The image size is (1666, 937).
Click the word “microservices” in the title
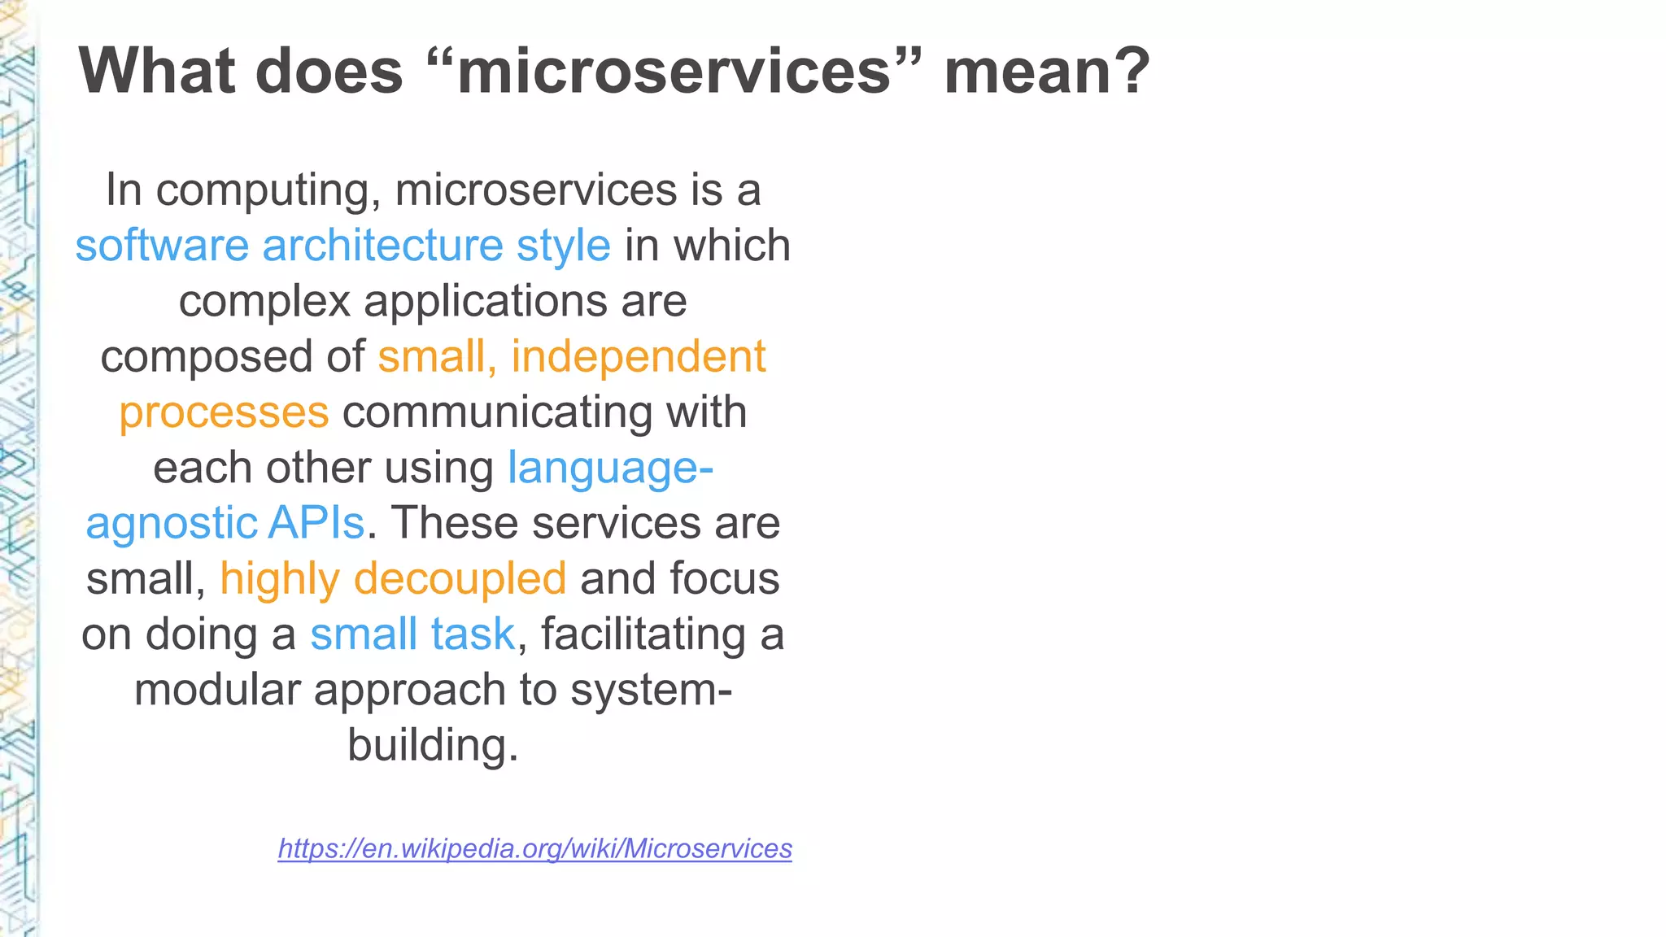point(674,72)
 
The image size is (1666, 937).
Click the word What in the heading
point(159,72)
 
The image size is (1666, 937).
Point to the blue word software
point(162,246)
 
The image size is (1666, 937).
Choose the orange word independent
point(639,356)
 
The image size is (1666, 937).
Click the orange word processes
point(224,412)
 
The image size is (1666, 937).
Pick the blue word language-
point(610,468)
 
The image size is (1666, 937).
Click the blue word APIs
point(316,523)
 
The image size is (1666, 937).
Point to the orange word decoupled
point(460,579)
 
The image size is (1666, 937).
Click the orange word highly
point(279,580)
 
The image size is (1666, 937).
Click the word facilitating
point(643,634)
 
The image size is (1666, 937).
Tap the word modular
point(217,690)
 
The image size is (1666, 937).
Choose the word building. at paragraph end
point(433,745)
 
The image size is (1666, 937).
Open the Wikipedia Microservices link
point(534,848)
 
